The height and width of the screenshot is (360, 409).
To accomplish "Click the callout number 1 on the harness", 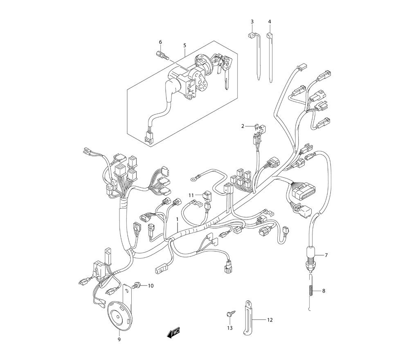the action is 177,219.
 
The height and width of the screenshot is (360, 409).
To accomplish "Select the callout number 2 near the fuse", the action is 243,126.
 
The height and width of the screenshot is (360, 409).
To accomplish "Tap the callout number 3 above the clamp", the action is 252,22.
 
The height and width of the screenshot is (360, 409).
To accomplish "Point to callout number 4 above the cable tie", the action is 270,22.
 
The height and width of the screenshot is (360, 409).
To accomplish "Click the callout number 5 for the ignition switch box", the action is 185,45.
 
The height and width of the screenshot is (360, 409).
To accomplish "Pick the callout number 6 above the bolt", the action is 160,42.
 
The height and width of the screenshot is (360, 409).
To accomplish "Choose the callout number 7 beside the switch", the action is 326,255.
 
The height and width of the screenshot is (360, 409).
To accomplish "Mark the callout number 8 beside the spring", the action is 324,290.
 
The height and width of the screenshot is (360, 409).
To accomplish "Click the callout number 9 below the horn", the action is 119,340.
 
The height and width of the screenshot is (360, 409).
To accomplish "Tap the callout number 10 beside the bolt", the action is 151,286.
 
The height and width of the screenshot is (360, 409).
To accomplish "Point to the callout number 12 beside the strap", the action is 270,319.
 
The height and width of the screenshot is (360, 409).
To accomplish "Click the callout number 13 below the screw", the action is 229,328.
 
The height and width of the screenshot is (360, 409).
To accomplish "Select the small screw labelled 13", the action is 231,313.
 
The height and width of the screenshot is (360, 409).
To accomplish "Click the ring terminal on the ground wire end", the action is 193,179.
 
